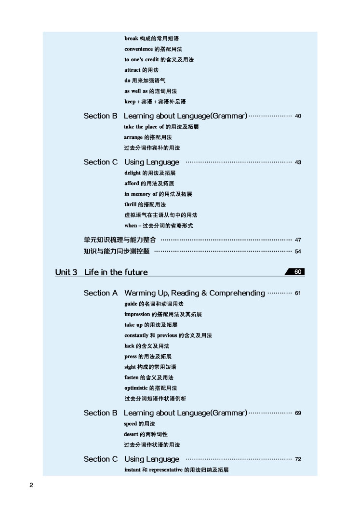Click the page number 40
click(298, 116)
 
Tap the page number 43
click(298, 162)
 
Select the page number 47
click(298, 240)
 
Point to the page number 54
click(298, 252)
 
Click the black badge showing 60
click(295, 272)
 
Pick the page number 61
click(298, 293)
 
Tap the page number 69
click(298, 413)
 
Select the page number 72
click(298, 459)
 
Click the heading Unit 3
click(66, 272)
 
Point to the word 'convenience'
click(139, 49)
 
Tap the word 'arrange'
click(133, 137)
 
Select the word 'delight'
click(133, 173)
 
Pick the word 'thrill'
click(131, 204)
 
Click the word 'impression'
click(137, 314)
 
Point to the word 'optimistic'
click(136, 388)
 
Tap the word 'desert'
click(132, 434)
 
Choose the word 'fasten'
click(132, 377)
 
